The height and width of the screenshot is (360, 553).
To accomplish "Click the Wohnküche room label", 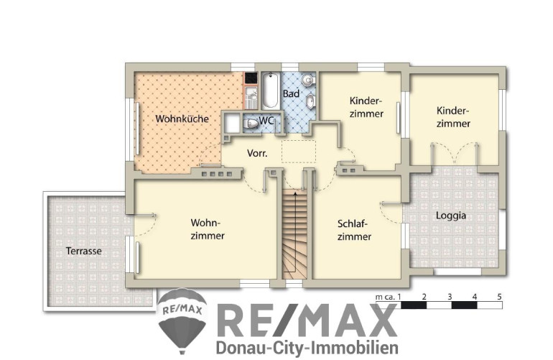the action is [182, 119].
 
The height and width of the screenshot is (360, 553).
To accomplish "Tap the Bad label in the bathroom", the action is [291, 93].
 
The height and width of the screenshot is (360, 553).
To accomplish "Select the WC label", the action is [266, 120].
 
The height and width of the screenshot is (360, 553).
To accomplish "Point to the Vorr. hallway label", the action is [257, 153].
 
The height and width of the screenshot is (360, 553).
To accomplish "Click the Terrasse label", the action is [83, 251].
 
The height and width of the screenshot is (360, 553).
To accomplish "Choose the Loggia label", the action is [451, 216].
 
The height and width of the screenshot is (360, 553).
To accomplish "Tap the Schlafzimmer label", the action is [354, 230].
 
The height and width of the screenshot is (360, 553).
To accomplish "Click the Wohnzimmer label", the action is [208, 229].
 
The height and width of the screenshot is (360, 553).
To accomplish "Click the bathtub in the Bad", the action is [271, 91].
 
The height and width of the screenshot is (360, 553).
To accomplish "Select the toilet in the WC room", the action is [251, 124].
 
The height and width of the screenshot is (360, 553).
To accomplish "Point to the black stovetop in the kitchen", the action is [251, 78].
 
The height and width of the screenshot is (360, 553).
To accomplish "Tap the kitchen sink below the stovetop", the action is [251, 98].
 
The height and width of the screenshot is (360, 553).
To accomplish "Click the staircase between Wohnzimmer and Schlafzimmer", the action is [295, 234].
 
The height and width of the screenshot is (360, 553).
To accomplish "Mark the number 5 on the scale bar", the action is [499, 297].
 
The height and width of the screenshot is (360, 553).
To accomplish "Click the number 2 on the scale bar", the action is [424, 297].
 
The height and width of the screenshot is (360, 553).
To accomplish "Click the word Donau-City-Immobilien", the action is [307, 348].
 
